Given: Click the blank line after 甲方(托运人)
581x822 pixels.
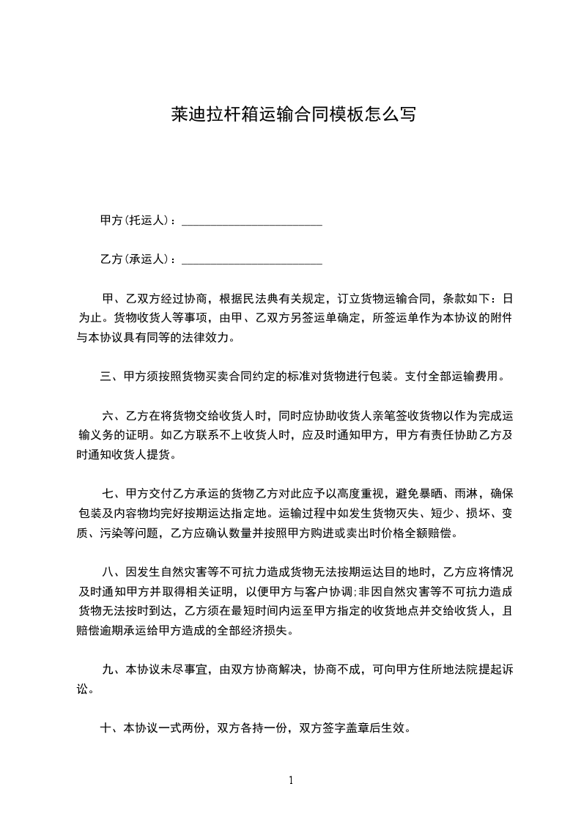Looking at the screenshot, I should click(x=251, y=221).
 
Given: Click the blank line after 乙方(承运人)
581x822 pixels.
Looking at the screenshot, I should click(x=251, y=260).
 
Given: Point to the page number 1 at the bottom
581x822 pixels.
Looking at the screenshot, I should click(x=291, y=780).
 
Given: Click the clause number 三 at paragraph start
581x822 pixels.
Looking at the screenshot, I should click(x=106, y=377).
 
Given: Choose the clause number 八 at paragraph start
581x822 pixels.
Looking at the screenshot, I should click(x=107, y=572).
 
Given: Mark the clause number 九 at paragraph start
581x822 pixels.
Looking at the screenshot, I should click(x=107, y=669).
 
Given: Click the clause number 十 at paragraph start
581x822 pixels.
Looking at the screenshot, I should click(x=106, y=728).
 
